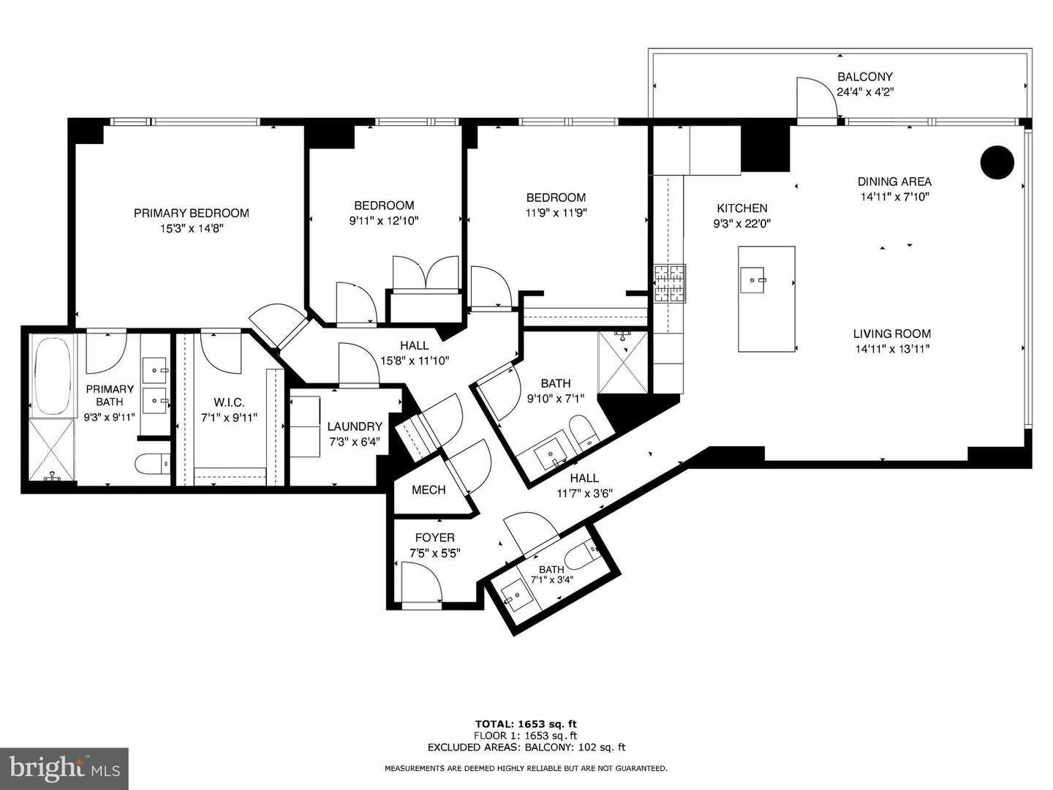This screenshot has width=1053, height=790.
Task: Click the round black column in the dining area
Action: (997, 162)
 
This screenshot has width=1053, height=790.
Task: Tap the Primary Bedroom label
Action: (192, 213)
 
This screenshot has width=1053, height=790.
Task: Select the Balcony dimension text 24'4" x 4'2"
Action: (865, 91)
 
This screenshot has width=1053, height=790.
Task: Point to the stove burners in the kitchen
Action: (670, 284)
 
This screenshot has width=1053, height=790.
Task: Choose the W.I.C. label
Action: (230, 402)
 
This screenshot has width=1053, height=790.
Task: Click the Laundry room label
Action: (355, 426)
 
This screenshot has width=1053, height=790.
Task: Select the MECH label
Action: (429, 490)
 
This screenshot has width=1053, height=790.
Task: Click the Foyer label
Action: (435, 538)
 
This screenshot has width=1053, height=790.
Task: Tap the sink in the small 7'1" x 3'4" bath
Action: (517, 596)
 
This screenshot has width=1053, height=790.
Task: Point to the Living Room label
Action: (892, 334)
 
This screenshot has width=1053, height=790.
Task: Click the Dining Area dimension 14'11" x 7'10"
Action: (895, 197)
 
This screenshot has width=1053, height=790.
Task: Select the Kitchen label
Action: (742, 208)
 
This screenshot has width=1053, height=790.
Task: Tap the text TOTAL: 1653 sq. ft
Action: (526, 724)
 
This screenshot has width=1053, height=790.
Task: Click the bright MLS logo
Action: (64, 768)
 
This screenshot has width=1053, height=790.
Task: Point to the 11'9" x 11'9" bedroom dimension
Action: (556, 212)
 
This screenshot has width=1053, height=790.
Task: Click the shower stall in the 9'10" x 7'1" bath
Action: (623, 363)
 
